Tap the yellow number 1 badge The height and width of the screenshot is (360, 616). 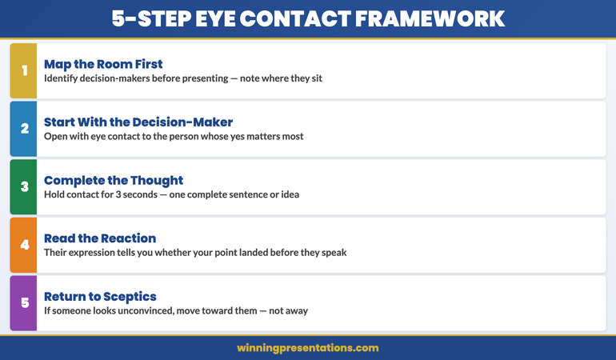coord(23,71)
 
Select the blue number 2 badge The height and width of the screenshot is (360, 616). coord(23,129)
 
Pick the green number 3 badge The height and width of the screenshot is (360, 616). coord(23,187)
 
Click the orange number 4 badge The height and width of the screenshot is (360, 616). coord(23,245)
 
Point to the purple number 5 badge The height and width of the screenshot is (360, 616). coord(23,303)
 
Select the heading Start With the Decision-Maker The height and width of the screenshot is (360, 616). coord(138,122)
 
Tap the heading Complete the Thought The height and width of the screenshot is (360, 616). coord(114,180)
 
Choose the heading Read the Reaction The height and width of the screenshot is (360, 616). coord(100,238)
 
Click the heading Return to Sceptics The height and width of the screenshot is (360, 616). coord(99,296)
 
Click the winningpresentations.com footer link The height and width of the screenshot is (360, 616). coord(308,348)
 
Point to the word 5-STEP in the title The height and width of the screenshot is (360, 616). coord(146,18)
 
